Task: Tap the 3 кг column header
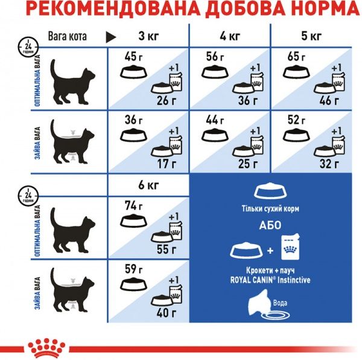(x=148, y=36)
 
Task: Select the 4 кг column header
(x=230, y=36)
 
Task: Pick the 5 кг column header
(x=312, y=36)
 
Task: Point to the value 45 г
(x=130, y=59)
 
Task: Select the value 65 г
(x=294, y=59)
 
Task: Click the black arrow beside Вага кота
(x=111, y=37)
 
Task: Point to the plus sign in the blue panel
(x=270, y=250)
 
